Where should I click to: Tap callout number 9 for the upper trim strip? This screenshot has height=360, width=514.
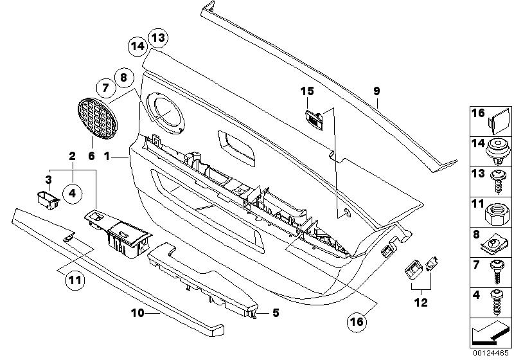click(378, 92)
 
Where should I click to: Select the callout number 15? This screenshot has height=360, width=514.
click(307, 92)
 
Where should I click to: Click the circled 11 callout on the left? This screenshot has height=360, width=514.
click(75, 280)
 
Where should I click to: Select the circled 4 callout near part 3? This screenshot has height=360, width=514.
click(72, 191)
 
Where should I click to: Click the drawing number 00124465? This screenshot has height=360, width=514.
click(490, 353)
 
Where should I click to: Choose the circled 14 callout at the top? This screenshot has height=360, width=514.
click(136, 46)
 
